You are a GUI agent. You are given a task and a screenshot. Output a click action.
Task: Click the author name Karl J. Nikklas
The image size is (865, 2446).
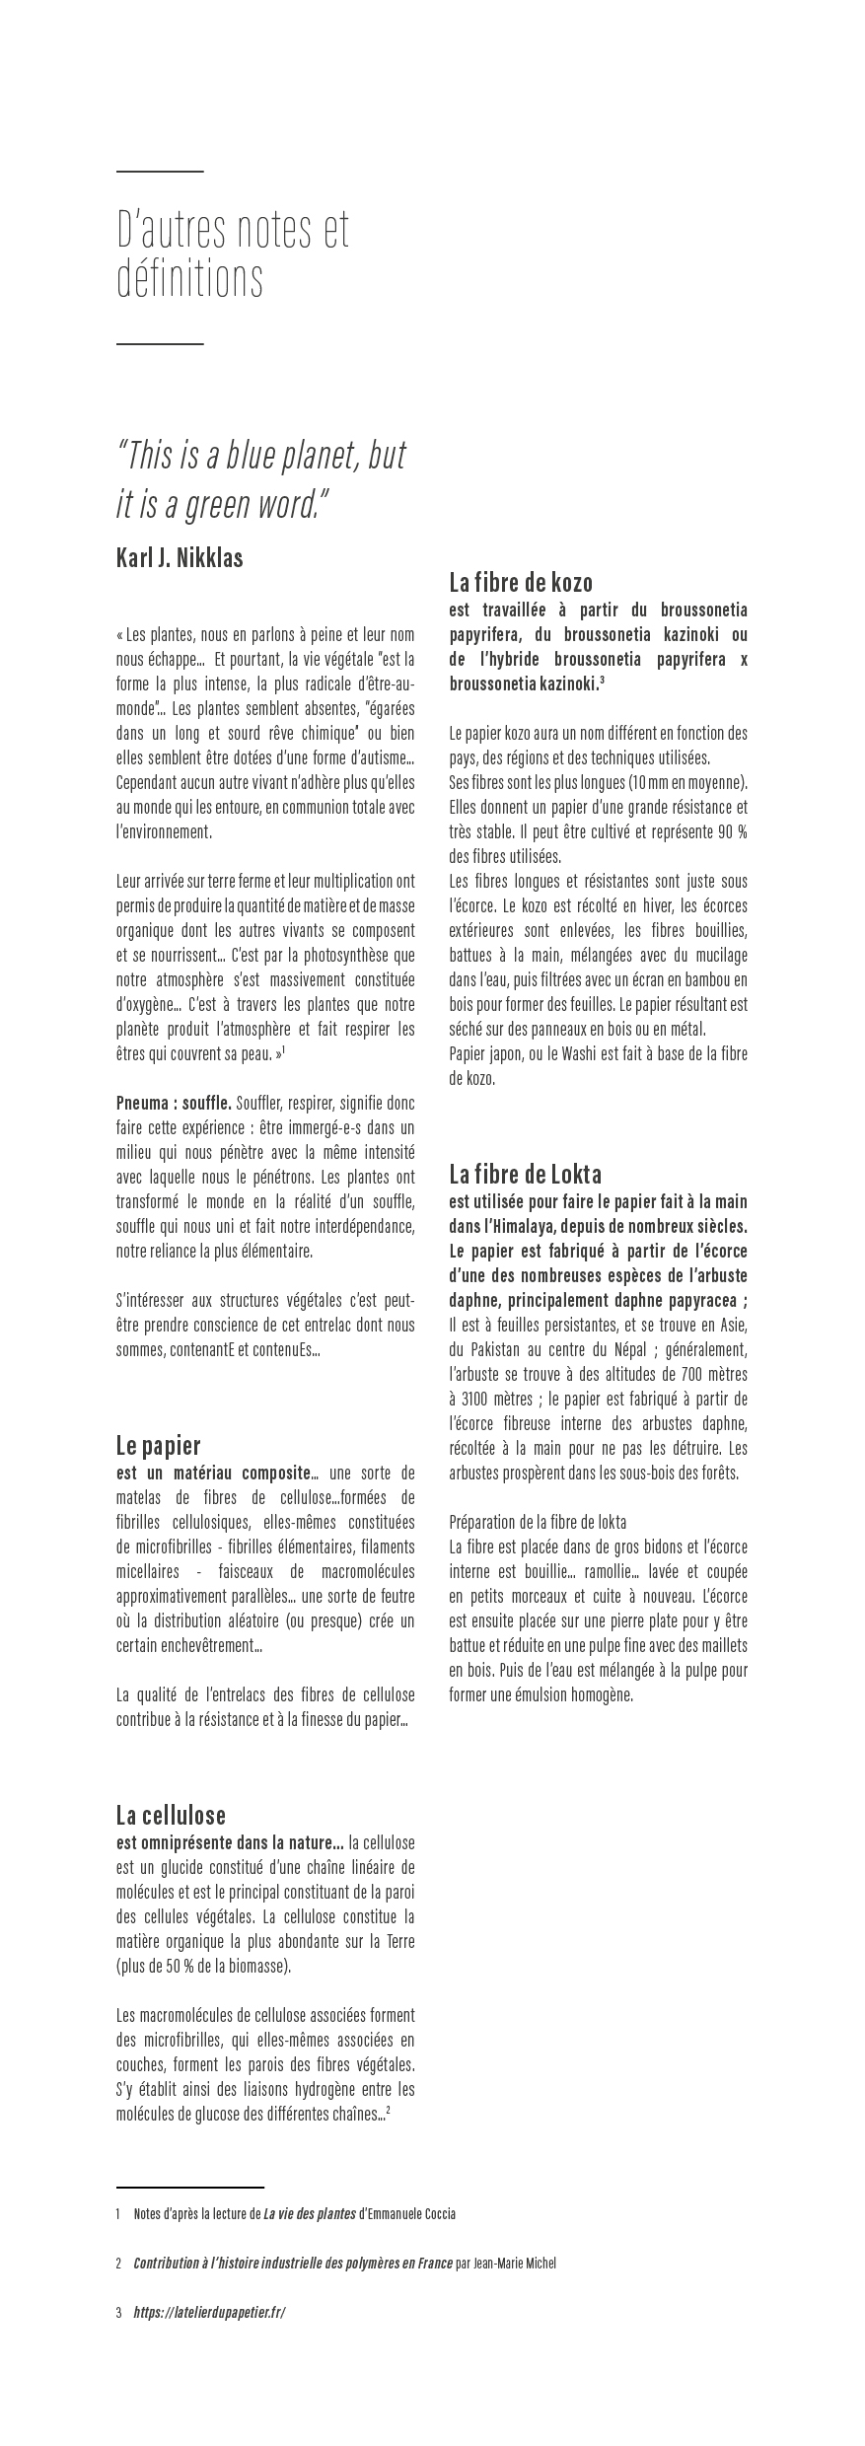click(180, 558)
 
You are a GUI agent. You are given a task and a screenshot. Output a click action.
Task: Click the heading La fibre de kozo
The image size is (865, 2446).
click(521, 581)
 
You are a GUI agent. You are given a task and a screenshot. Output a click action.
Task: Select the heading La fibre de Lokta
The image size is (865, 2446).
click(525, 1174)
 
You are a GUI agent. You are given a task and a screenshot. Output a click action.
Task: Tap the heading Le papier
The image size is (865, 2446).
click(158, 1445)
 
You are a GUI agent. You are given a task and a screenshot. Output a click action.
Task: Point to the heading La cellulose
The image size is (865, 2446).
click(171, 1815)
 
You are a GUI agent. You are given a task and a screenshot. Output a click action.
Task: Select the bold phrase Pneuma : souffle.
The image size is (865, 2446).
click(174, 1103)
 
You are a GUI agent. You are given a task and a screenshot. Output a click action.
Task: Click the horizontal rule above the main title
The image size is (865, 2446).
click(160, 172)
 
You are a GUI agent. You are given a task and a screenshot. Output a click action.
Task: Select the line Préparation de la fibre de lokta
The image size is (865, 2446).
click(538, 1522)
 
